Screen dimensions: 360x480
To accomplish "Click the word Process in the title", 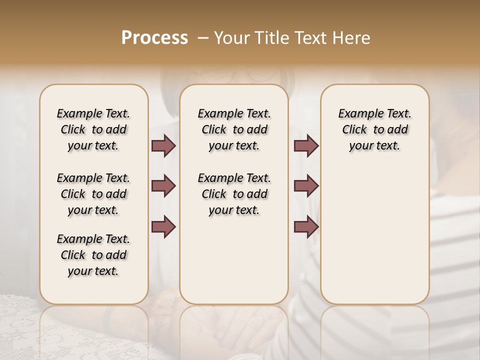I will click(154, 37).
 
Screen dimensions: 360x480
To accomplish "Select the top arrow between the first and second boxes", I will click(163, 146).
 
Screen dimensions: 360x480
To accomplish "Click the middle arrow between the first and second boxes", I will click(163, 186).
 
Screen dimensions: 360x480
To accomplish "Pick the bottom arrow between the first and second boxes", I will click(163, 227).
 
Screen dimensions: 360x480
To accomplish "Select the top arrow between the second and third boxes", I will click(306, 146).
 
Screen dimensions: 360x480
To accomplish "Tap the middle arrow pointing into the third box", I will click(306, 186).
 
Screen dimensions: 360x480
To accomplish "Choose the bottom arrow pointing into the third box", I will click(306, 227).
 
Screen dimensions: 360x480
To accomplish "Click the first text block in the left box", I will click(93, 129).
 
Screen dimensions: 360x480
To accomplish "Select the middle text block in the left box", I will click(93, 194).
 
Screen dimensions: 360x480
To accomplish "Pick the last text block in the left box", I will click(93, 255).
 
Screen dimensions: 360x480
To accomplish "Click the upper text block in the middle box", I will click(234, 129).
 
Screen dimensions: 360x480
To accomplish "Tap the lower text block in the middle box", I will click(234, 194).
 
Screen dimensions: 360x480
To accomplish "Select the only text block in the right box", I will click(374, 129).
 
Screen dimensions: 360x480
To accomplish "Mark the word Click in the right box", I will click(354, 130).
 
